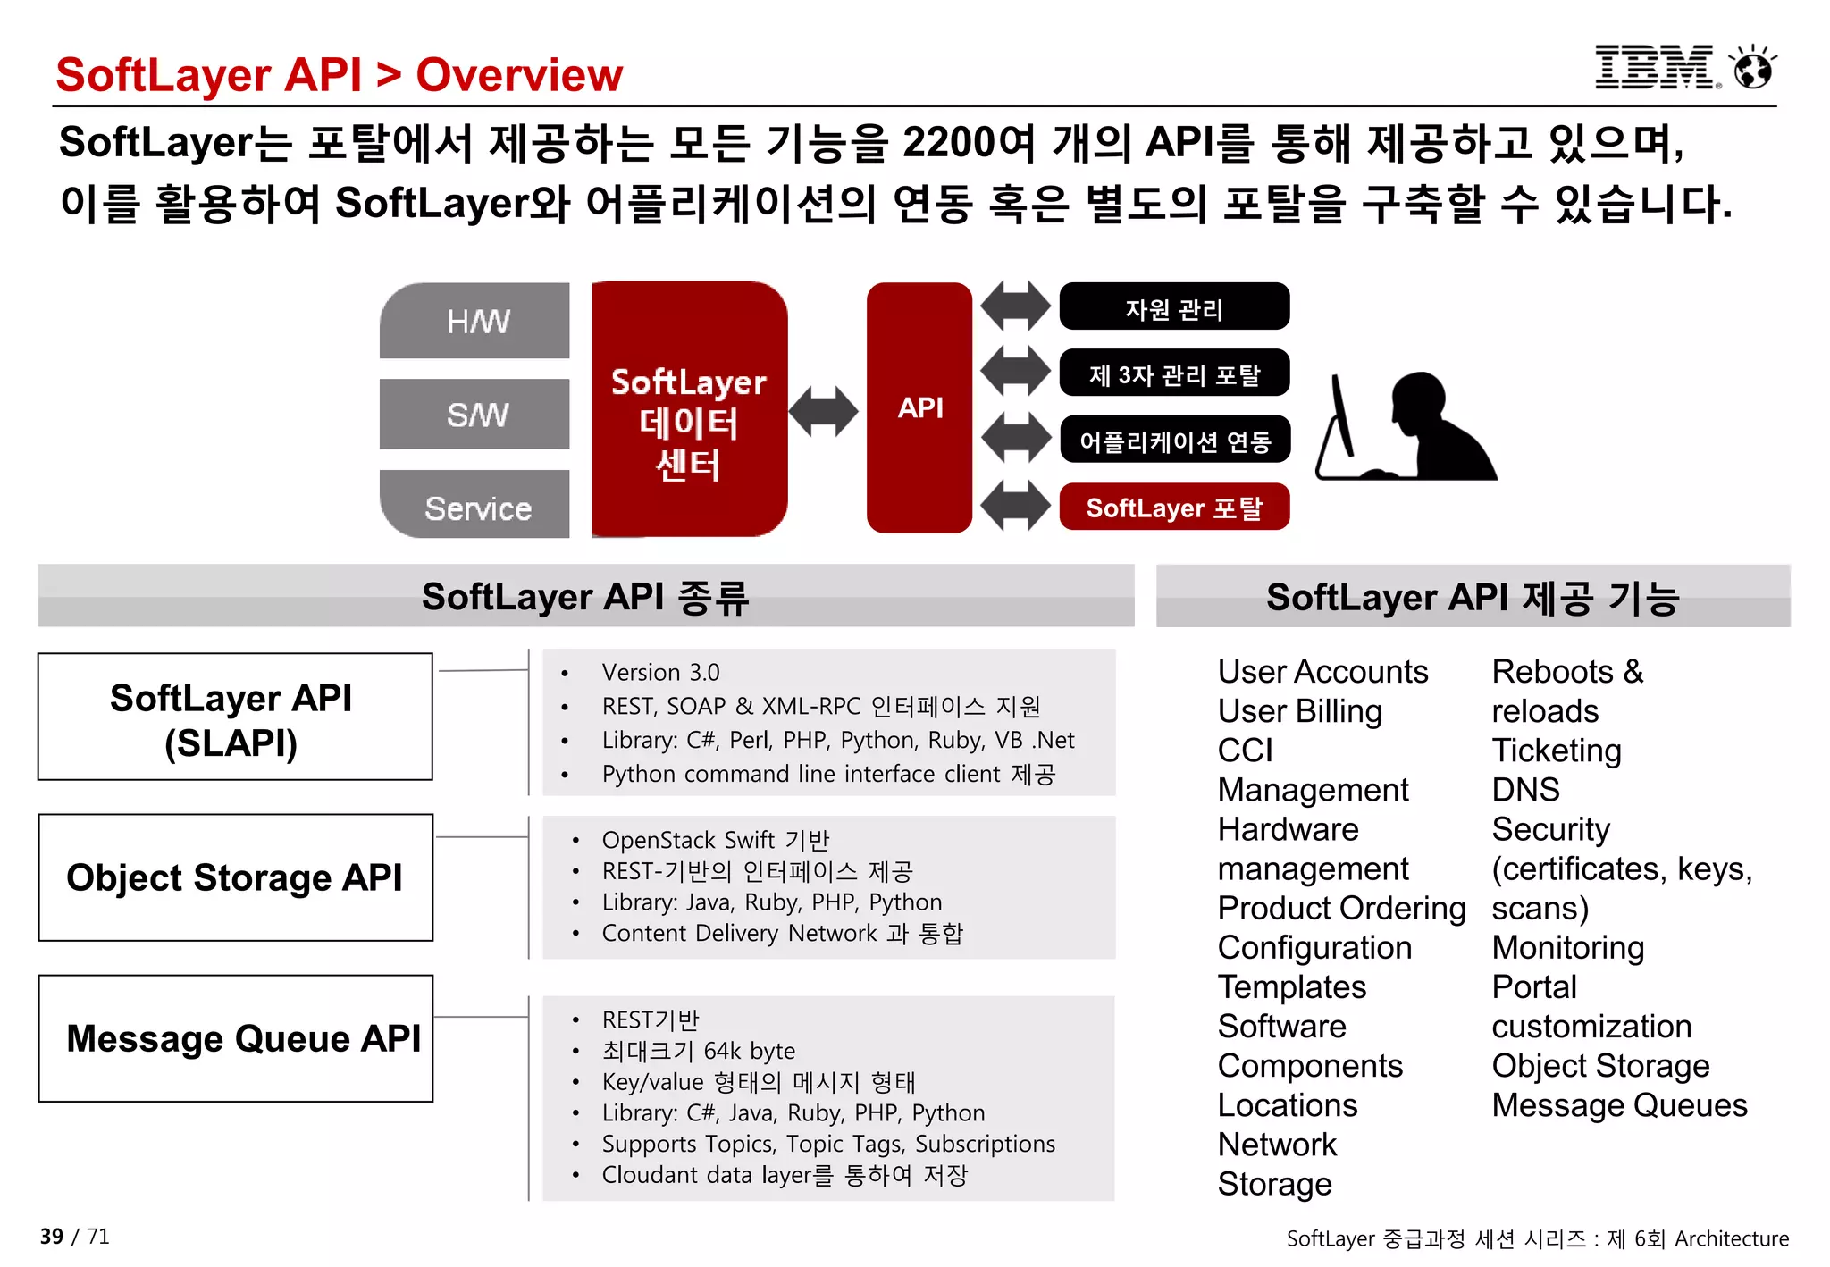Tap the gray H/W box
pyautogui.click(x=475, y=321)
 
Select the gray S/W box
pyautogui.click(x=475, y=414)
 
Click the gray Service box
pyautogui.click(x=475, y=506)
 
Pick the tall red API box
pyautogui.click(x=919, y=407)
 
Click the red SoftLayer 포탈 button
pyautogui.click(x=1173, y=508)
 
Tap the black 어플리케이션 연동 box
pyautogui.click(x=1173, y=441)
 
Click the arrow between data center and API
pyautogui.click(x=823, y=411)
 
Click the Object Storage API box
pyautogui.click(x=235, y=877)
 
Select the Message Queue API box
pyautogui.click(x=235, y=1038)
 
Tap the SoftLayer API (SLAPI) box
pyautogui.click(x=235, y=717)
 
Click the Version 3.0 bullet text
pyautogui.click(x=660, y=672)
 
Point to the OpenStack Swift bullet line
pyautogui.click(x=715, y=840)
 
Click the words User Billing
pyautogui.click(x=1299, y=711)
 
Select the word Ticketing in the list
pyautogui.click(x=1556, y=751)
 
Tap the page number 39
pyautogui.click(x=51, y=1237)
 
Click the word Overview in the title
pyautogui.click(x=519, y=75)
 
